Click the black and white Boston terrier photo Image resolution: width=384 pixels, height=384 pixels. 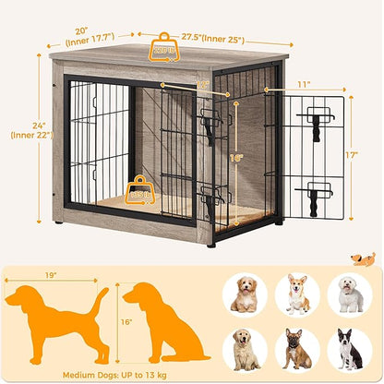350,349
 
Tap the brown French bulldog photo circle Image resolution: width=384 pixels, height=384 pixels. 297,349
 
